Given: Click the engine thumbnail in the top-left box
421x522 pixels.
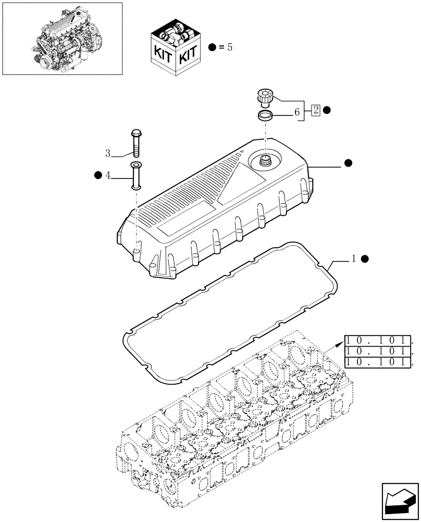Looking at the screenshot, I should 63,38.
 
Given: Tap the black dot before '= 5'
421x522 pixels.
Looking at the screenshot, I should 212,47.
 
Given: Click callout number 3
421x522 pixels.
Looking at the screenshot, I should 108,153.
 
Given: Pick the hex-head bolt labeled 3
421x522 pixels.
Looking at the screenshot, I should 135,142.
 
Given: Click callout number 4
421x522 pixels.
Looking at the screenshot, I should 108,176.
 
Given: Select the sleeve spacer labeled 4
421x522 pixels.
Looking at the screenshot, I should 136,176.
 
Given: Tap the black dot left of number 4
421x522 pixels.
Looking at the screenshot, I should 98,175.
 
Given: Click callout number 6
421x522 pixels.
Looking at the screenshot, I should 297,111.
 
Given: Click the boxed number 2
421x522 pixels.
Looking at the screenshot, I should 316,110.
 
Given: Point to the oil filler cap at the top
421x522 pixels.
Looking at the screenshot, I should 265,97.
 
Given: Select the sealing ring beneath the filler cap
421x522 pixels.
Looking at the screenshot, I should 265,115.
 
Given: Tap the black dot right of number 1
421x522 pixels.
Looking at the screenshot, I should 365,259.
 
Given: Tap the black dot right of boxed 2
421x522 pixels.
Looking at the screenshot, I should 327,110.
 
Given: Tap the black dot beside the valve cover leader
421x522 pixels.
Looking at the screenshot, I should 348,163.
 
